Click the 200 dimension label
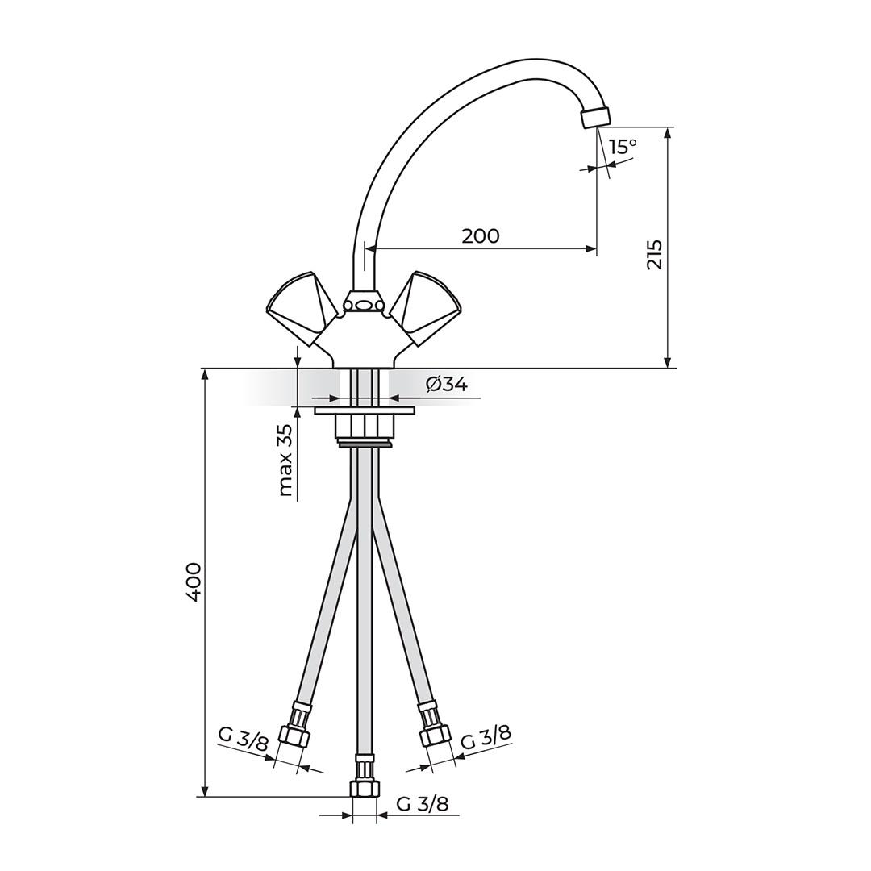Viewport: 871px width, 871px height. click(481, 235)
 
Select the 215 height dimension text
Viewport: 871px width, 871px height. click(654, 254)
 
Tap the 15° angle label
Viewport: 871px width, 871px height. click(623, 147)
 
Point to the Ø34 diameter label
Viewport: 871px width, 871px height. click(447, 385)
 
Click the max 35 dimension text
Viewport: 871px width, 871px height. click(285, 461)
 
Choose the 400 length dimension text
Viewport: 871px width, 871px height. click(194, 581)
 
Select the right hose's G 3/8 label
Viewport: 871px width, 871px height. click(486, 737)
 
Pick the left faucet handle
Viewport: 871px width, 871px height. click(300, 306)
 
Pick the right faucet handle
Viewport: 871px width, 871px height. click(427, 306)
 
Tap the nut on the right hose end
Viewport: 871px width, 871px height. click(435, 736)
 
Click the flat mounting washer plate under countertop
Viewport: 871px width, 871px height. click(365, 410)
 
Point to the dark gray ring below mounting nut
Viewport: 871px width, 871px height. click(365, 443)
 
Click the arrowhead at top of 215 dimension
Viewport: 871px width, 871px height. click(668, 133)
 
